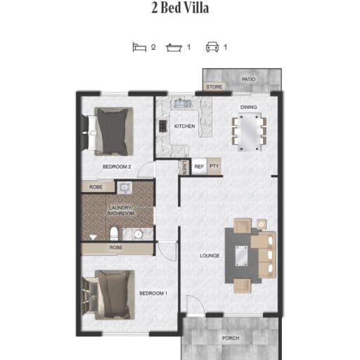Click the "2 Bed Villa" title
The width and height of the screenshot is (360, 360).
(180, 8)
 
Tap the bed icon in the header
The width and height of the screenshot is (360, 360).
(139, 47)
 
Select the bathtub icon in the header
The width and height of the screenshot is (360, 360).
(174, 48)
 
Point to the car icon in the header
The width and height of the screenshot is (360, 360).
(212, 47)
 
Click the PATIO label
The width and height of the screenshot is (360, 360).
(249, 79)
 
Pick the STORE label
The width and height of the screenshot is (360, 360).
(214, 87)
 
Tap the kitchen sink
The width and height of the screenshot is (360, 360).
(183, 103)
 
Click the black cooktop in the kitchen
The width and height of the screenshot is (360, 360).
(163, 126)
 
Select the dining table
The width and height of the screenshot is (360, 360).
(249, 132)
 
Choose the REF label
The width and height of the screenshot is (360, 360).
(199, 167)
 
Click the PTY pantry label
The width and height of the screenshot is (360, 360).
(214, 166)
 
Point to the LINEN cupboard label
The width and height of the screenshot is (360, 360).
(184, 167)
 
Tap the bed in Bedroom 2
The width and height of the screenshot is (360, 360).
(111, 131)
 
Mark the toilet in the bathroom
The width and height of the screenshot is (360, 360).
(115, 233)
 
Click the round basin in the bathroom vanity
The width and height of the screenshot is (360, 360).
(139, 234)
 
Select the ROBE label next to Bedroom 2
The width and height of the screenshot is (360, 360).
(96, 187)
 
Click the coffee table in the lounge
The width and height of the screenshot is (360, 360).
(241, 256)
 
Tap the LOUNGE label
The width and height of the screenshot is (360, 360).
(210, 256)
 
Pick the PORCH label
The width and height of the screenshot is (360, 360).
(231, 338)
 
